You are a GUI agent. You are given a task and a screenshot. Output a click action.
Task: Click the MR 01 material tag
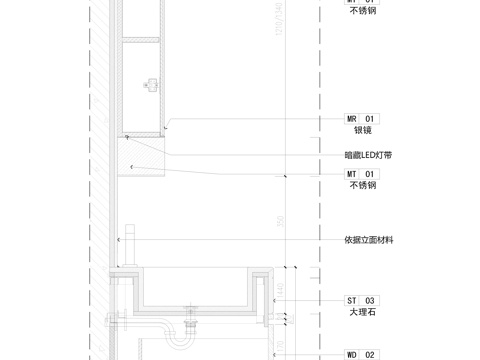point(362,118)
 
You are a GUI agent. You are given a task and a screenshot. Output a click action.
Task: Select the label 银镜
point(362,130)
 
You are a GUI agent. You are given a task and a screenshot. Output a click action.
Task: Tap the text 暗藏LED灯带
point(375,156)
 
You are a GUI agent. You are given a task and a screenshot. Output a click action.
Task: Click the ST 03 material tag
point(362,300)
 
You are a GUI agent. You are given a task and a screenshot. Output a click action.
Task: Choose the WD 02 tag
point(362,354)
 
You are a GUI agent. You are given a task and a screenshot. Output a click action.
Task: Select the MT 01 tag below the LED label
point(362,174)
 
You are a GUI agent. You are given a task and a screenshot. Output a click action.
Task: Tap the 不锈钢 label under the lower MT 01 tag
point(362,186)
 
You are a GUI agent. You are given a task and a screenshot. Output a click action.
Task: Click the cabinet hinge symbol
point(152,84)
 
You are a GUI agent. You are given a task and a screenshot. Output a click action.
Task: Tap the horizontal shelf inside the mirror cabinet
point(141,39)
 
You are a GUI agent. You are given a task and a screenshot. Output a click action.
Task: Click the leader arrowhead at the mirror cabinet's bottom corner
point(167,125)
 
